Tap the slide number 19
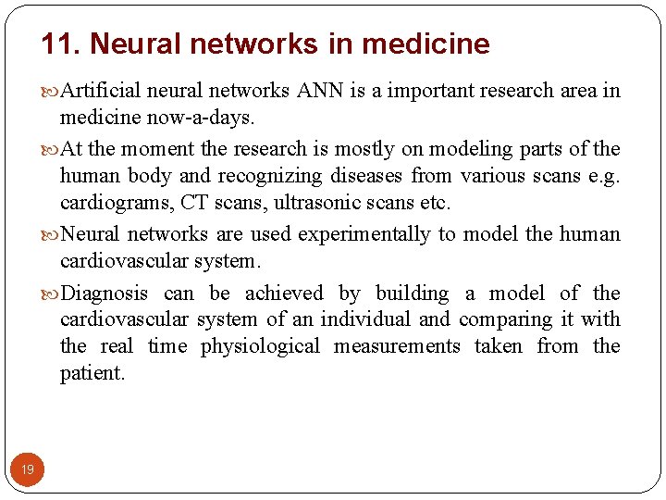[x=28, y=470]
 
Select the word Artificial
[x=100, y=91]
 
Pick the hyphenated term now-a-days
[x=203, y=118]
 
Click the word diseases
[x=365, y=175]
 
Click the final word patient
[x=92, y=373]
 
